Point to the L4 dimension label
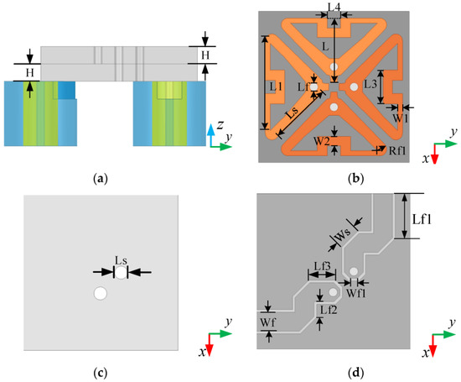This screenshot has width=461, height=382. (x=334, y=8)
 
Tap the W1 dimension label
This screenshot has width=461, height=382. (x=400, y=118)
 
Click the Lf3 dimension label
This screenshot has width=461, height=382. (x=320, y=266)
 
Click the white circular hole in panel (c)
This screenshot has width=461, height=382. (x=100, y=294)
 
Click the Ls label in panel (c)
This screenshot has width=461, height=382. (x=121, y=260)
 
